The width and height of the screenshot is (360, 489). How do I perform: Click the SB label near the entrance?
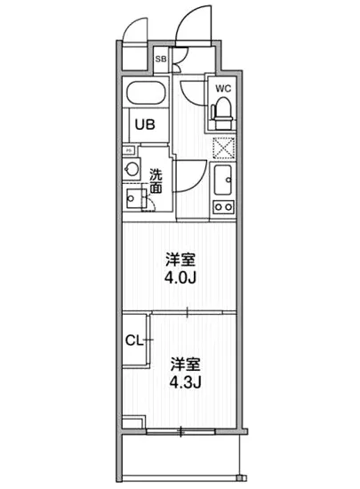click(x=161, y=60)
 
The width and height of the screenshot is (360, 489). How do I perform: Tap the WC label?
click(x=222, y=89)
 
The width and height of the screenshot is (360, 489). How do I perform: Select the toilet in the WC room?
click(x=222, y=111)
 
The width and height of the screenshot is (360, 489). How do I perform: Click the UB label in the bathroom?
click(x=145, y=124)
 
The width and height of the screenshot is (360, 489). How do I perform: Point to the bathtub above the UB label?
click(x=146, y=94)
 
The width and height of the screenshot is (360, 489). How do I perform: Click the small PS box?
click(x=128, y=150)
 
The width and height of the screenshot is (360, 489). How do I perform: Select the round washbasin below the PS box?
click(x=132, y=167)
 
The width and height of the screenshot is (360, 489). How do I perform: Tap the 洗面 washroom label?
click(x=156, y=181)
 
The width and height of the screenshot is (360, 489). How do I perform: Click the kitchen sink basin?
click(x=223, y=180)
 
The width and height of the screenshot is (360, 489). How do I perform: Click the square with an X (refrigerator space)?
click(x=223, y=148)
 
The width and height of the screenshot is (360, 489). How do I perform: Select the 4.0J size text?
click(x=180, y=278)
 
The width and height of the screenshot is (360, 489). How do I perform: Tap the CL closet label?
click(x=135, y=340)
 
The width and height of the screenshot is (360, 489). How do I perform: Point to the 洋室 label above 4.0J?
click(x=180, y=261)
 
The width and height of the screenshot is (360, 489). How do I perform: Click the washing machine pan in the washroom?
click(x=137, y=196)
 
